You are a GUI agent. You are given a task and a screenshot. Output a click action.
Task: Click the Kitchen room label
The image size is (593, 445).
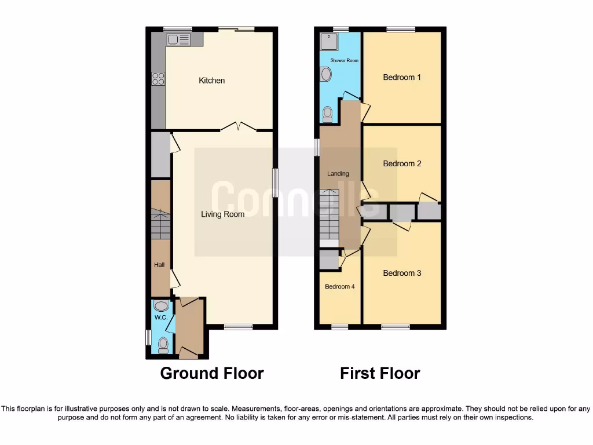point(211,81)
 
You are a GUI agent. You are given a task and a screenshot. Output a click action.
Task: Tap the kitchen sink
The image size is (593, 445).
point(178,39)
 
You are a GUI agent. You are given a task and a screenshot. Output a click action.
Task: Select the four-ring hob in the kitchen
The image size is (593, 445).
point(158,78)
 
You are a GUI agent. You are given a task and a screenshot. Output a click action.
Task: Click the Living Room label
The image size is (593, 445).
point(222,214)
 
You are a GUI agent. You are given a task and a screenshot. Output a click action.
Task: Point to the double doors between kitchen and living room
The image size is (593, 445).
point(239,126)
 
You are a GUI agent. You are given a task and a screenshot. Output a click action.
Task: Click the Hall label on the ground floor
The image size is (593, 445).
point(159,265)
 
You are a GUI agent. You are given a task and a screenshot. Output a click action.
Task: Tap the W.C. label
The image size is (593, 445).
point(160,318)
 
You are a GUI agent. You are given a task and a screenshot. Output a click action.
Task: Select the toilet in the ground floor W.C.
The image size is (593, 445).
point(163,345)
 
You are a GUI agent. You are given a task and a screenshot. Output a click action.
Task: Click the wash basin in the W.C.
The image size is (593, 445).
point(162,306)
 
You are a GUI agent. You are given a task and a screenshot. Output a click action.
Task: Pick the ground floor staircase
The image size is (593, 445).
point(160,225)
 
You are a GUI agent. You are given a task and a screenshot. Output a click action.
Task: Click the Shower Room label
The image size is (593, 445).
point(344,60)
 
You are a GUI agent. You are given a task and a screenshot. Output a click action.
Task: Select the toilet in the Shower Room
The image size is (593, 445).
point(327,113)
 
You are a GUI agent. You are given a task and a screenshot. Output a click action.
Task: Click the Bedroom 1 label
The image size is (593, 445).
point(402,78)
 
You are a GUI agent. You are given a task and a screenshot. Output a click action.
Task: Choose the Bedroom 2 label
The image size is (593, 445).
point(402,164)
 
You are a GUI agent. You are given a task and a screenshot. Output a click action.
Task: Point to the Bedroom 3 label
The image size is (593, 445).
point(402,273)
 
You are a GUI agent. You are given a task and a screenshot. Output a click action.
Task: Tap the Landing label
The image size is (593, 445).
point(338,174)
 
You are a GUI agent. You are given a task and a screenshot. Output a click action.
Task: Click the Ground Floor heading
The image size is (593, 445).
point(211,374)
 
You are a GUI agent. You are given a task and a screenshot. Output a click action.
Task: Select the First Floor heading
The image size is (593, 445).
point(379,374)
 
